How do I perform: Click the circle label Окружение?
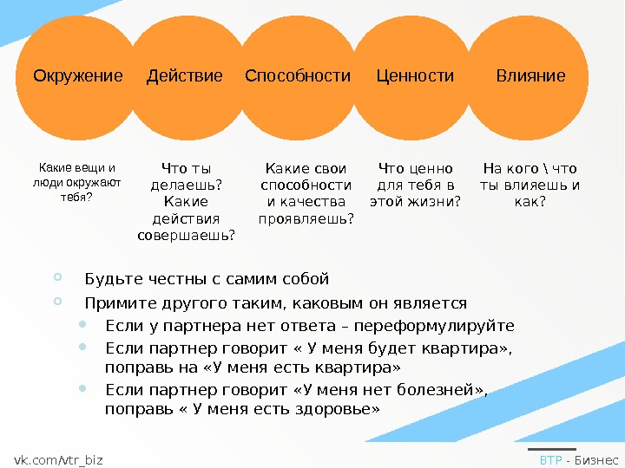[x=78, y=76]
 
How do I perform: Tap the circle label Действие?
[x=185, y=76]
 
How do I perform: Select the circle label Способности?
[x=298, y=76]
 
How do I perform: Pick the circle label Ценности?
[x=415, y=76]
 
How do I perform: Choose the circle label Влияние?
[x=530, y=76]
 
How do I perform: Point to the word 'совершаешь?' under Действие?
[x=187, y=235]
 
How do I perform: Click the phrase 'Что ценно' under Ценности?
[x=416, y=169]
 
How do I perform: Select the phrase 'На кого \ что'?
[x=530, y=169]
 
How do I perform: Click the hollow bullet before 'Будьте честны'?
[x=57, y=278]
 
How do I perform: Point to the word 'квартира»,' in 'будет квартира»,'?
[x=468, y=349]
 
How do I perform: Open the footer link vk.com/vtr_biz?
[x=58, y=459]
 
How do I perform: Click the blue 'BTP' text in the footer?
[x=550, y=459]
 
